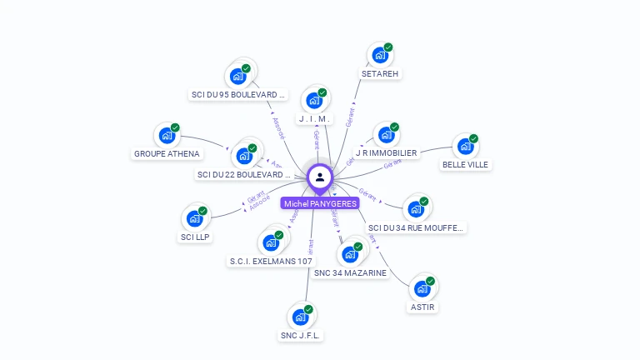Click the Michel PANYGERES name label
[x=320, y=203]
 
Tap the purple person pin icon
[x=320, y=177]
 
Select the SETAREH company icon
[x=380, y=56]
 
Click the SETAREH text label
[x=380, y=73]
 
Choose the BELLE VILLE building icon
[x=466, y=147]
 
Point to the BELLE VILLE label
[x=466, y=164]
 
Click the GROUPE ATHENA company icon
[x=167, y=135]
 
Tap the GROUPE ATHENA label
[x=167, y=153]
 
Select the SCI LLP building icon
[x=195, y=218]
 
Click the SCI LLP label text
[x=195, y=237]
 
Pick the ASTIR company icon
[x=422, y=289]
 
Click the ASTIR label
[x=422, y=307]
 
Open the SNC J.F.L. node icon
[x=301, y=317]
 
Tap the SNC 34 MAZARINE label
[x=350, y=272]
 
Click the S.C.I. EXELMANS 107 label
[x=271, y=261]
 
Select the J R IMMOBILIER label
[x=386, y=153]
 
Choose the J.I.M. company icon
[x=314, y=101]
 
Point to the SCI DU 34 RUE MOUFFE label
[x=415, y=227]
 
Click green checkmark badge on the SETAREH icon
[x=388, y=47]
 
